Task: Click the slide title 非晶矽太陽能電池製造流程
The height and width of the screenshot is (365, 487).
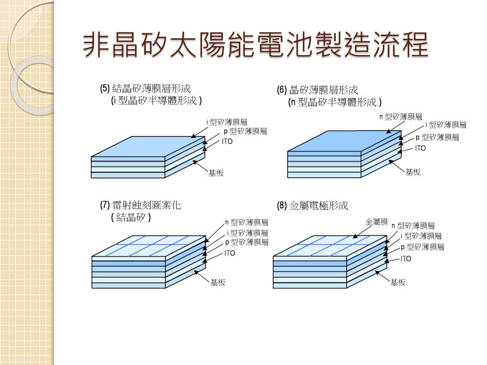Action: click(255, 46)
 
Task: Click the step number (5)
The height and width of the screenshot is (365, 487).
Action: click(105, 88)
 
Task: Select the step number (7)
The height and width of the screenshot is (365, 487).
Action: click(105, 205)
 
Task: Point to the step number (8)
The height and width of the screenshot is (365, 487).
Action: click(282, 206)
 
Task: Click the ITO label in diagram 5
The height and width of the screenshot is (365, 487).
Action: click(227, 142)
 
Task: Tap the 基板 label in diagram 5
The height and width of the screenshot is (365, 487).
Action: click(216, 173)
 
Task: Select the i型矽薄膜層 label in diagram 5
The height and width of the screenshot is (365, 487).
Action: click(226, 122)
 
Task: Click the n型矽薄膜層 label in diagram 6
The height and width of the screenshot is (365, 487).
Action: click(400, 116)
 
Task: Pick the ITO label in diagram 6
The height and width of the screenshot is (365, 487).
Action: click(420, 148)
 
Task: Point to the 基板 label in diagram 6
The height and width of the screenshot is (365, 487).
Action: click(413, 172)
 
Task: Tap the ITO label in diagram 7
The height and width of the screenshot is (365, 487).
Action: click(230, 253)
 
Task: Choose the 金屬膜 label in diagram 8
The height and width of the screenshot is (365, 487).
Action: click(377, 222)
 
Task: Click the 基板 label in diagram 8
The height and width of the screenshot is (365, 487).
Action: click(398, 282)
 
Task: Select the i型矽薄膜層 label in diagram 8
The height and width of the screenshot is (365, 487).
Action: click(421, 236)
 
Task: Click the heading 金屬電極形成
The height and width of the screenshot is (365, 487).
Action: click(319, 206)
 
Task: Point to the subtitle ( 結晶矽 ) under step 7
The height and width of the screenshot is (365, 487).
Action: click(131, 217)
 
